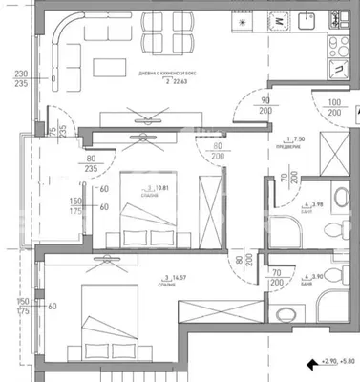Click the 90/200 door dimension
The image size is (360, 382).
(265, 107)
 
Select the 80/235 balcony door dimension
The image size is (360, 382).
(92, 164)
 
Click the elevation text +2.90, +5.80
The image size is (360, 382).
(337, 362)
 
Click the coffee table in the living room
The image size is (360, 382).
(110, 64)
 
